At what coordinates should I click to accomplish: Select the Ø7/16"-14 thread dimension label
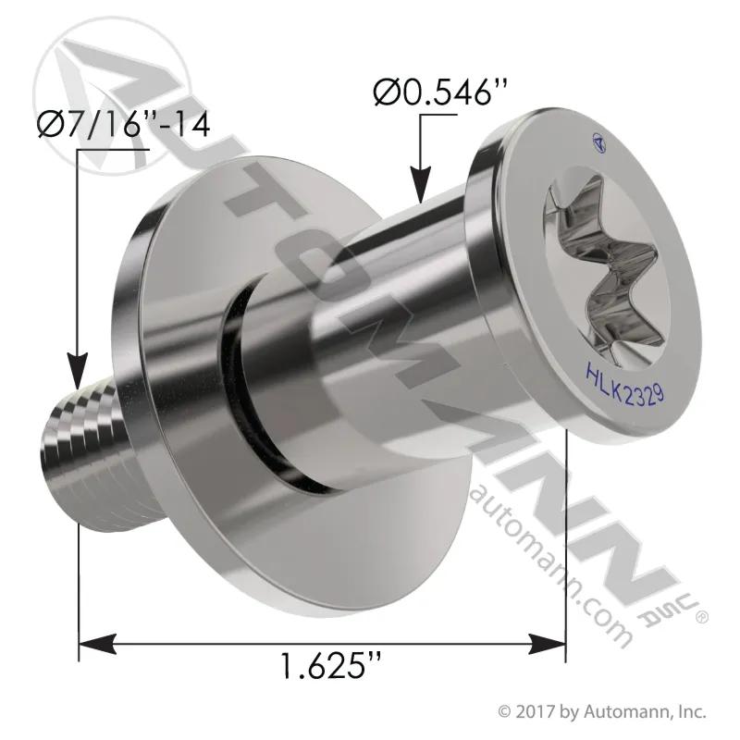(x=124, y=124)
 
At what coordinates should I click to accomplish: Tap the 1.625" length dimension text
(x=330, y=665)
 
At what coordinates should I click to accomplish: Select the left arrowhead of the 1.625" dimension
(x=97, y=644)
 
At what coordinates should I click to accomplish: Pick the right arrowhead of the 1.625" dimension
(x=547, y=644)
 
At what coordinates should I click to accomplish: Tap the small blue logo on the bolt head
(x=598, y=142)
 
